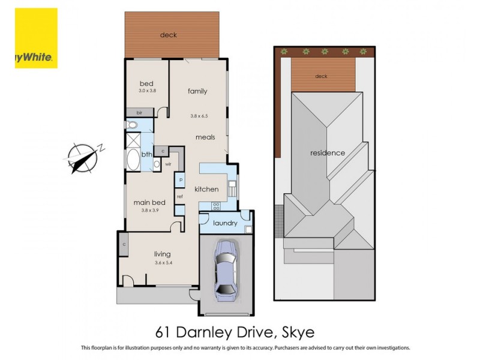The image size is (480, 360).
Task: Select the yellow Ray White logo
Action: click(x=36, y=38)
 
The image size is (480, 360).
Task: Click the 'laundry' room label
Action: click(x=225, y=223)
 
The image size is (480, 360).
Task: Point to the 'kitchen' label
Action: click(x=206, y=190)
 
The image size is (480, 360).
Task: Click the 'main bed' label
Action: click(x=149, y=203)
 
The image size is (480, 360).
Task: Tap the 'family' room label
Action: click(x=197, y=91)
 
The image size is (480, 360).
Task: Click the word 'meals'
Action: click(x=205, y=137)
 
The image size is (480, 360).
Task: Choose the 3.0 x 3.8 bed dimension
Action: click(x=147, y=91)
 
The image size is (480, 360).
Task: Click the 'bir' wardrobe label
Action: click(x=139, y=112)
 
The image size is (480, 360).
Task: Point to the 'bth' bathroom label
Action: click(x=146, y=154)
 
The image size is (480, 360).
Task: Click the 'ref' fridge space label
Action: click(x=179, y=196)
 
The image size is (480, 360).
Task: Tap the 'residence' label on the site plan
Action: click(x=327, y=153)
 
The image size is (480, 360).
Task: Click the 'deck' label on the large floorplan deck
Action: click(x=168, y=35)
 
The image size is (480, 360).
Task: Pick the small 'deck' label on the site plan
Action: click(x=322, y=76)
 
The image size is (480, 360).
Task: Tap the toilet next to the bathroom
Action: click(x=131, y=125)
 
